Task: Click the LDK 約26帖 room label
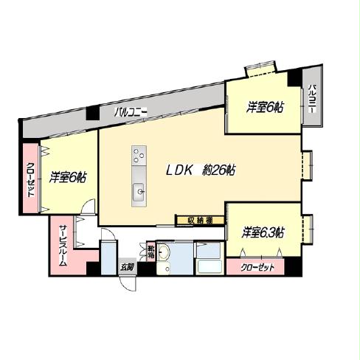200,170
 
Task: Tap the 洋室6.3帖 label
263,233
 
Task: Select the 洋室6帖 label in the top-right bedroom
264,108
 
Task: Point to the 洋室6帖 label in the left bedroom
68,178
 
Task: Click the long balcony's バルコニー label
131,113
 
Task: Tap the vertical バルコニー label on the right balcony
312,99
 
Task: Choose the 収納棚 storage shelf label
199,219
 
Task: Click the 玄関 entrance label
128,267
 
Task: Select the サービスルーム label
63,245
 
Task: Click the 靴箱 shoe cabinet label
152,252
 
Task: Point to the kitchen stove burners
139,156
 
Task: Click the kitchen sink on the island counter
138,193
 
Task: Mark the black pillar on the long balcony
92,114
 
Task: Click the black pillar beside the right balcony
296,76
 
